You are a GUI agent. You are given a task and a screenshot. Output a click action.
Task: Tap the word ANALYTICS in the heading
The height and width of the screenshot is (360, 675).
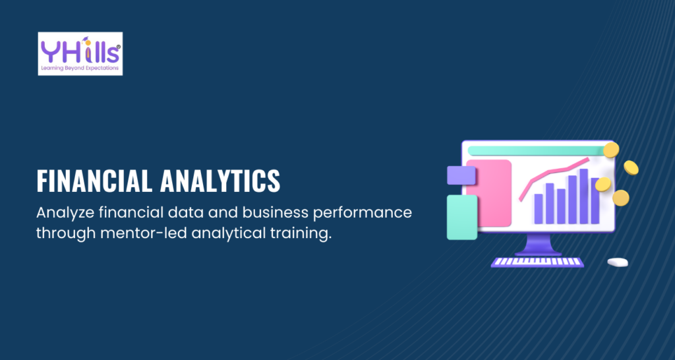(220, 181)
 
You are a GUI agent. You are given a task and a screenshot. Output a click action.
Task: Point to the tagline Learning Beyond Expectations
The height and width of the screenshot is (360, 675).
(79, 69)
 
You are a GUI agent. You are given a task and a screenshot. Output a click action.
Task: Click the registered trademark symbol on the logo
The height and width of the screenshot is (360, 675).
(119, 47)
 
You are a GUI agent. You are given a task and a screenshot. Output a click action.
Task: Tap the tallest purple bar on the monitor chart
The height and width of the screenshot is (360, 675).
(584, 196)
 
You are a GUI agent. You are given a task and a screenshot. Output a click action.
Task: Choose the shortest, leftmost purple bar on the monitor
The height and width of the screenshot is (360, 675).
(539, 209)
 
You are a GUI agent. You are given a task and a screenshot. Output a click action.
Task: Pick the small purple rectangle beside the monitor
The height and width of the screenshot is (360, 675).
(461, 175)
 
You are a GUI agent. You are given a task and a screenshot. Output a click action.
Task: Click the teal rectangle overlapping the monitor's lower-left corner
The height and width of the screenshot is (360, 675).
(462, 217)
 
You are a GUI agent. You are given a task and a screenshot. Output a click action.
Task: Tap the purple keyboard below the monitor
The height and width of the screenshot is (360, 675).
(538, 262)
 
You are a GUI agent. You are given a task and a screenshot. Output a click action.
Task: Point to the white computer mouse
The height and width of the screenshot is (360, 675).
(618, 262)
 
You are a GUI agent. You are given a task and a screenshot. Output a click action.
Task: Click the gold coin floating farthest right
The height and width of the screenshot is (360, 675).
(631, 167)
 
